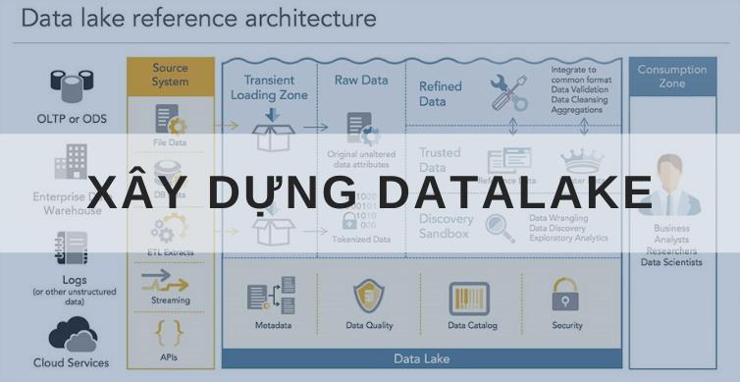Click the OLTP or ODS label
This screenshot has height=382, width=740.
[71, 119]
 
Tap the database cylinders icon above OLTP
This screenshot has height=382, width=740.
[72, 84]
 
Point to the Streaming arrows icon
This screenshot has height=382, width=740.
[170, 281]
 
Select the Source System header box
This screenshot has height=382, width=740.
[170, 75]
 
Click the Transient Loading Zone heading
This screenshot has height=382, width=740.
[268, 87]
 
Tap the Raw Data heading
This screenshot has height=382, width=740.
[361, 80]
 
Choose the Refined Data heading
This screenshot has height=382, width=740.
[440, 93]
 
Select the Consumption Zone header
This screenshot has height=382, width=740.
[671, 77]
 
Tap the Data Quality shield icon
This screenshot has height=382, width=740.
[369, 296]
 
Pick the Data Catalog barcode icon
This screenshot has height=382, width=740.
[469, 298]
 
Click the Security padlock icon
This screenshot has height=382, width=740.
[565, 295]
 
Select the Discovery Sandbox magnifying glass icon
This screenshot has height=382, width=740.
[500, 228]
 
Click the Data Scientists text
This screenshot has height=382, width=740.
[671, 262]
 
